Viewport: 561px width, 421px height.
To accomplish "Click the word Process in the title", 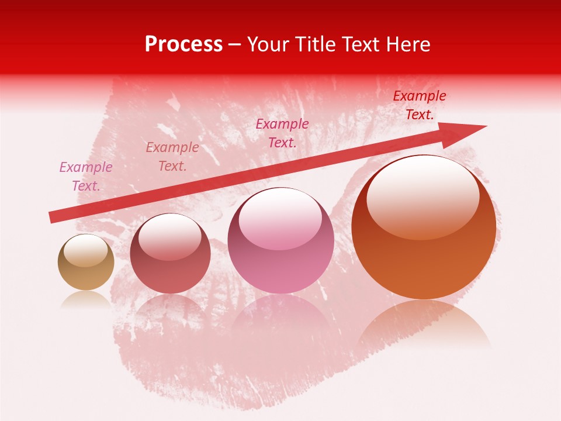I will click(183, 44).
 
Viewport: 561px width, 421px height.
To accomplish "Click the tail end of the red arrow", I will click(53, 217).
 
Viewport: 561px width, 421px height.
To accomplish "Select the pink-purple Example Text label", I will click(86, 177).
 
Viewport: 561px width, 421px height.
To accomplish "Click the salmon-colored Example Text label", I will click(172, 157).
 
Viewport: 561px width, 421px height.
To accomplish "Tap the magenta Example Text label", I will click(282, 133).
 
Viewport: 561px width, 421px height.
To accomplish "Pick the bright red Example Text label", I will click(420, 105).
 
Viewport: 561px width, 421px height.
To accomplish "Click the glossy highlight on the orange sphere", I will click(423, 198).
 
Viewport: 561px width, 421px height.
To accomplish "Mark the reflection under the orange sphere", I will click(424, 325).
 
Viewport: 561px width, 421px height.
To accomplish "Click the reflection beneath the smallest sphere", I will click(86, 299).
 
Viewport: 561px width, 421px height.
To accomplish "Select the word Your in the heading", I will click(268, 44).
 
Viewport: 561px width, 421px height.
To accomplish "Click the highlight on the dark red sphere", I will click(170, 239).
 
